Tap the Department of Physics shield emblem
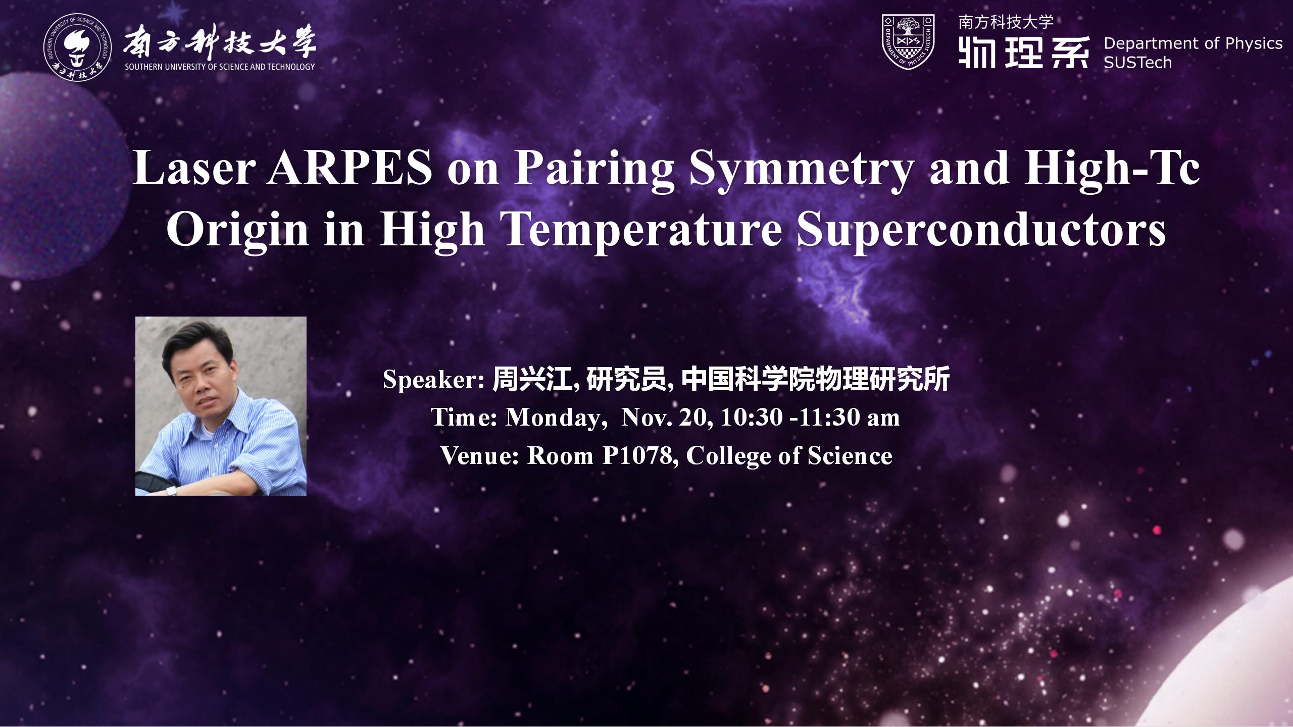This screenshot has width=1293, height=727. tap(908, 42)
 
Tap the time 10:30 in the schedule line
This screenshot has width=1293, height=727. tap(752, 418)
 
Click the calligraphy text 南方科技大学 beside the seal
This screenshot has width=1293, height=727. tap(220, 41)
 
